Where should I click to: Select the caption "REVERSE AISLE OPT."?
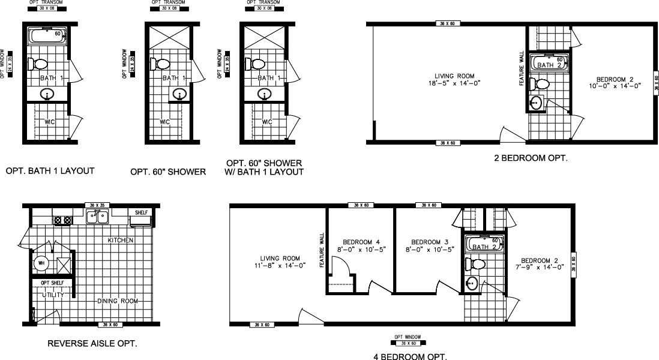[92, 344]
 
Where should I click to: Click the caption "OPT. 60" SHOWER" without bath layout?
[168, 172]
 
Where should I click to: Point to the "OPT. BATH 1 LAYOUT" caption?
[50, 171]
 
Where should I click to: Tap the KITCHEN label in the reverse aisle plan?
[120, 240]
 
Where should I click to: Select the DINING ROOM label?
[118, 301]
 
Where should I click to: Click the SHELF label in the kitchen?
[142, 212]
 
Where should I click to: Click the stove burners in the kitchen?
[62, 220]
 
